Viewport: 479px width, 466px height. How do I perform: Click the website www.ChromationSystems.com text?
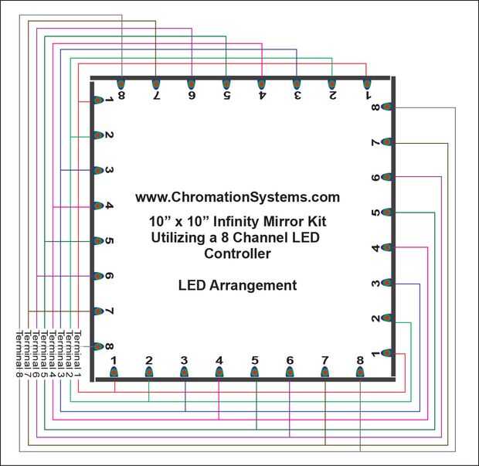(x=237, y=197)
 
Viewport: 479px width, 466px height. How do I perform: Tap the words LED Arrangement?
(x=237, y=285)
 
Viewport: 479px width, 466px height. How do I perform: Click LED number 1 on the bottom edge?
(x=114, y=372)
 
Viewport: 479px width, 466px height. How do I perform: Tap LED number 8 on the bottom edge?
(x=360, y=372)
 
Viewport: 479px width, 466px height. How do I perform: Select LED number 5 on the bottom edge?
(x=255, y=372)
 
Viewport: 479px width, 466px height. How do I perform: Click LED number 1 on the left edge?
(x=98, y=100)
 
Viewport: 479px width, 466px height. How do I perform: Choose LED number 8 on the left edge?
(x=98, y=346)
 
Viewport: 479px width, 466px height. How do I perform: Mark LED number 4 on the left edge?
(x=98, y=206)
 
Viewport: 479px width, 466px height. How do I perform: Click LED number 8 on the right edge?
(x=387, y=107)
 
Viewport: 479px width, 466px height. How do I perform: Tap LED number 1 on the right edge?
(x=387, y=353)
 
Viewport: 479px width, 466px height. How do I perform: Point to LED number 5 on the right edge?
(x=387, y=213)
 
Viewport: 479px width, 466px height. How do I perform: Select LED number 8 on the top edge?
(x=121, y=83)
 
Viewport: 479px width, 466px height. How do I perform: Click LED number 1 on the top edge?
(x=367, y=83)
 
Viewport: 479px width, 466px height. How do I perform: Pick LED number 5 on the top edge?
(x=226, y=83)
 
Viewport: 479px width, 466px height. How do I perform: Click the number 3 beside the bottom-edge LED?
(x=184, y=360)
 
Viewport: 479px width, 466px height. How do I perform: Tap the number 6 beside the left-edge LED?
(x=110, y=276)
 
